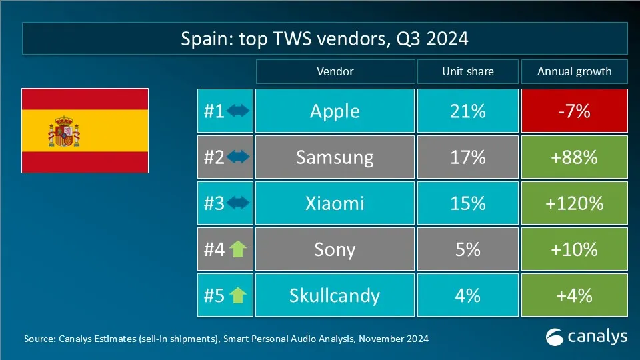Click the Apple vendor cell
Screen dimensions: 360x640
click(335, 111)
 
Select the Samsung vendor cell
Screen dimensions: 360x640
click(335, 157)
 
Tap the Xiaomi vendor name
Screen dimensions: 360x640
click(335, 203)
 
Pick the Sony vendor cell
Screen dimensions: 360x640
click(335, 249)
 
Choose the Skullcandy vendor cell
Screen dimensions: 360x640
click(335, 295)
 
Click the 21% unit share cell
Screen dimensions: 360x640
click(467, 111)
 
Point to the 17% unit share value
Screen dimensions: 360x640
click(467, 157)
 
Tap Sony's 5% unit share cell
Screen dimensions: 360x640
click(467, 249)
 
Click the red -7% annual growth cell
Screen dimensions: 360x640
click(574, 111)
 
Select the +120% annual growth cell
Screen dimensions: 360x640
click(574, 203)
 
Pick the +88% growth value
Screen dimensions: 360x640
click(574, 157)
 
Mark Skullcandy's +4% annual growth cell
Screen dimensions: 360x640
click(574, 295)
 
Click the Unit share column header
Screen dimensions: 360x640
click(467, 71)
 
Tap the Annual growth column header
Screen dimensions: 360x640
click(574, 71)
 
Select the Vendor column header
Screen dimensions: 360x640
click(335, 71)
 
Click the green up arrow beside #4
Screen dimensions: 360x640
click(238, 249)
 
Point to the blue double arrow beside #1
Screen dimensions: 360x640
click(238, 111)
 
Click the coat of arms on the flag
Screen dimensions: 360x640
click(64, 131)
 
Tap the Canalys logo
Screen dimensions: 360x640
click(587, 337)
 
